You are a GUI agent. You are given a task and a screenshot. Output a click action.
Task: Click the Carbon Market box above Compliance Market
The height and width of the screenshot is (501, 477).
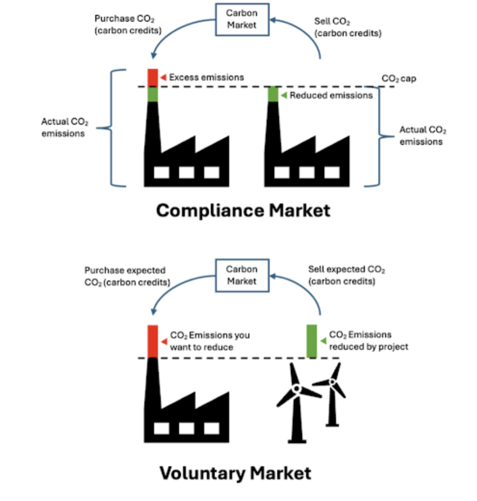(242, 19)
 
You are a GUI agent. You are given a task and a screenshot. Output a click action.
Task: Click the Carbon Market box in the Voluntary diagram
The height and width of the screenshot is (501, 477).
(242, 275)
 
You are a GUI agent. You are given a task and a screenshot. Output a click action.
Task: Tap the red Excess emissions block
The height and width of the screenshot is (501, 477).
(153, 77)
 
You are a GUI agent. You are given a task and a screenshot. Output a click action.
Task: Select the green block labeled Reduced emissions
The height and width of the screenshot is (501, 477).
(273, 94)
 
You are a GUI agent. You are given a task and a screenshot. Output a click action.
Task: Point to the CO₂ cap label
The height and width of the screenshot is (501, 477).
(398, 78)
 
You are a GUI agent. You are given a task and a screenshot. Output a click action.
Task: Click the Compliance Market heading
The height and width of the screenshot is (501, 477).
(244, 211)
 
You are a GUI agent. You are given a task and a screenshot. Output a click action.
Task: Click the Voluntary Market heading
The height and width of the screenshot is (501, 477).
(235, 473)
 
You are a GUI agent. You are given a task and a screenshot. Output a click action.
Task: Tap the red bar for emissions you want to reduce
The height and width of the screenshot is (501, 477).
(153, 341)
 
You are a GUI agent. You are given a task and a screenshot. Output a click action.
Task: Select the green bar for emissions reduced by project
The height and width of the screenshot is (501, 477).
(311, 341)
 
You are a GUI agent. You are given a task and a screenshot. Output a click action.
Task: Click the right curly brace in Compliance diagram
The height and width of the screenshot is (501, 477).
(380, 136)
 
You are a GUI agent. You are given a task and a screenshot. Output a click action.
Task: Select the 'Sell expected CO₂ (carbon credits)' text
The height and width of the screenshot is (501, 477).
(346, 275)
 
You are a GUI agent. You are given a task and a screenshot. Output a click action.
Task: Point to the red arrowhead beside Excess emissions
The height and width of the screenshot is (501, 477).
(163, 77)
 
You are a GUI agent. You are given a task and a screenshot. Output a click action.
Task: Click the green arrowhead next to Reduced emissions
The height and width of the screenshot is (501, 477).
(284, 95)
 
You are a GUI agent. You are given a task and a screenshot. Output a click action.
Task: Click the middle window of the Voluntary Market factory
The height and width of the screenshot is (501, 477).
(186, 428)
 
